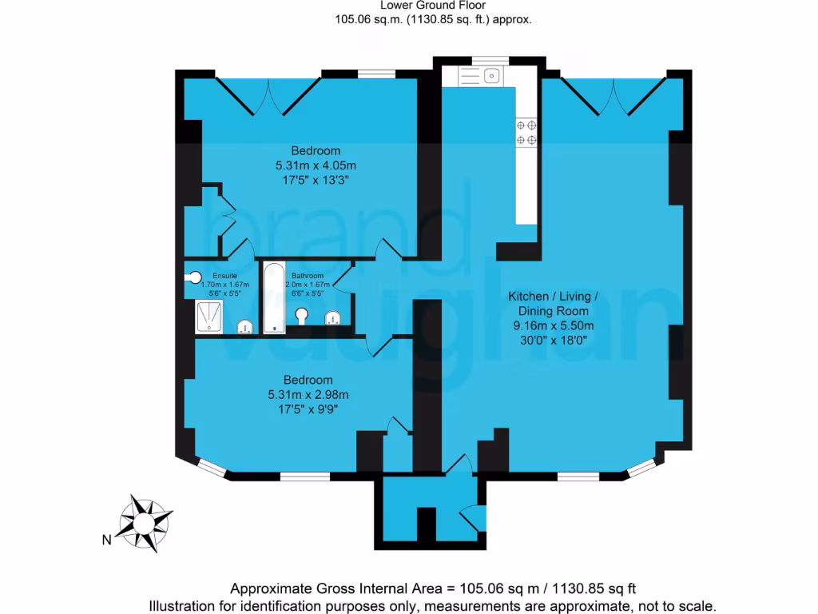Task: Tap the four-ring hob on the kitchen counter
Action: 526,133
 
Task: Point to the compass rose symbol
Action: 145,523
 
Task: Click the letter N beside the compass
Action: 105,540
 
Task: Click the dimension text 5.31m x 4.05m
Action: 315,165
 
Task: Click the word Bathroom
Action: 307,276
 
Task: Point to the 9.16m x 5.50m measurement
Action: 553,325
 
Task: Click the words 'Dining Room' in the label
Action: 553,311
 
